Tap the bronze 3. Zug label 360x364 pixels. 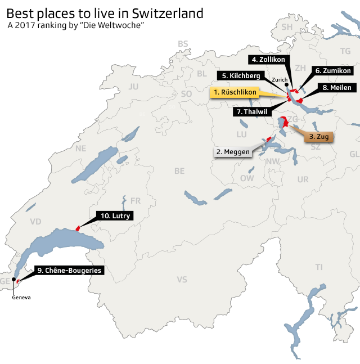click(x=319, y=136)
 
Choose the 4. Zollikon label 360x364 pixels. click(x=268, y=60)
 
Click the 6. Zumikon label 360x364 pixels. click(x=334, y=71)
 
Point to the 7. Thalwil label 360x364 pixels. click(x=251, y=111)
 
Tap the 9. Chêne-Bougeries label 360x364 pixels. click(x=69, y=271)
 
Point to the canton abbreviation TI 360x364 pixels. click(x=319, y=267)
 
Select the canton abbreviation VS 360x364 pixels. click(x=182, y=279)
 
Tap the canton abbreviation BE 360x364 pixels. click(x=179, y=170)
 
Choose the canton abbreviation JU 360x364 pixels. click(x=133, y=87)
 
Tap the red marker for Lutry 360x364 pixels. click(x=78, y=227)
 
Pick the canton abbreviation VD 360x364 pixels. click(x=35, y=221)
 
